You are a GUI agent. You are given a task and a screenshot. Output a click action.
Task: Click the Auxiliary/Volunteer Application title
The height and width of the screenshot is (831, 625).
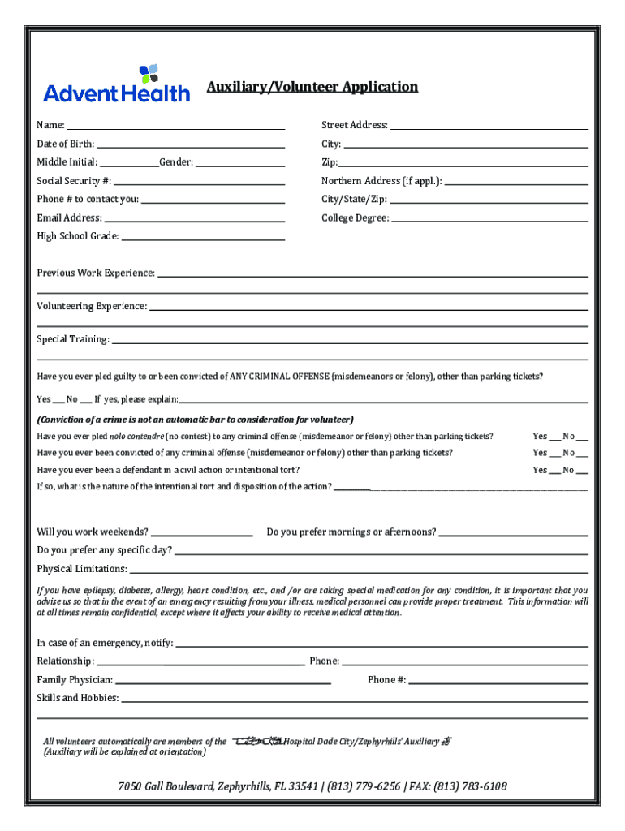(312, 87)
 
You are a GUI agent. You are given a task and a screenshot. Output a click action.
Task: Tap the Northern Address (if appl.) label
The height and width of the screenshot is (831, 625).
(381, 181)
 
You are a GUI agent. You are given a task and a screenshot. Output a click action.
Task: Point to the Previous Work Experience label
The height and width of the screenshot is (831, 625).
(96, 273)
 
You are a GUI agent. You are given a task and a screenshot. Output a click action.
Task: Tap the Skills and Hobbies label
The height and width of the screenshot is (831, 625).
(78, 698)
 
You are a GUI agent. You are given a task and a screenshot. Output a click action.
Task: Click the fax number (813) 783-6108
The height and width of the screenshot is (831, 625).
(470, 786)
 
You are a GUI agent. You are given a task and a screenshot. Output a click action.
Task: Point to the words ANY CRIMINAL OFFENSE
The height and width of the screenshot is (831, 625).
(279, 377)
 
